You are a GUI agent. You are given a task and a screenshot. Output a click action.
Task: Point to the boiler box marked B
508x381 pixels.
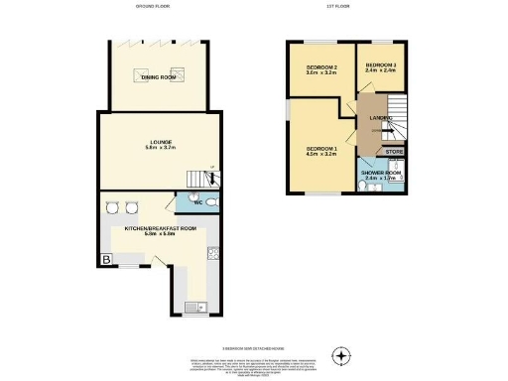(104, 260)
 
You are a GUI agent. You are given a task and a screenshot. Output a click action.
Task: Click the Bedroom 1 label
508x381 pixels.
(321, 149)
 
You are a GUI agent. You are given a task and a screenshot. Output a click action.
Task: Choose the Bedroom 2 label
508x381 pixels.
(321, 66)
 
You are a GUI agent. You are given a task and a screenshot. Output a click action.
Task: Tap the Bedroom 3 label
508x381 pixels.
(381, 64)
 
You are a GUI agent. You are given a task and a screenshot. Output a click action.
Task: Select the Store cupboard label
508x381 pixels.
(394, 152)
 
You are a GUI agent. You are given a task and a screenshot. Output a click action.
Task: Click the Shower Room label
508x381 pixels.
(381, 172)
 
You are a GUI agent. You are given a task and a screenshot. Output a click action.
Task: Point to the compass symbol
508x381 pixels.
(342, 354)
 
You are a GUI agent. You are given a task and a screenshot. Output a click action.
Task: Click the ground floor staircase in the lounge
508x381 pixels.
(202, 178)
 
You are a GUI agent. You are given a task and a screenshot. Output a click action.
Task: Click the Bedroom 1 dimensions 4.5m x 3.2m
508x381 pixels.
(321, 155)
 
